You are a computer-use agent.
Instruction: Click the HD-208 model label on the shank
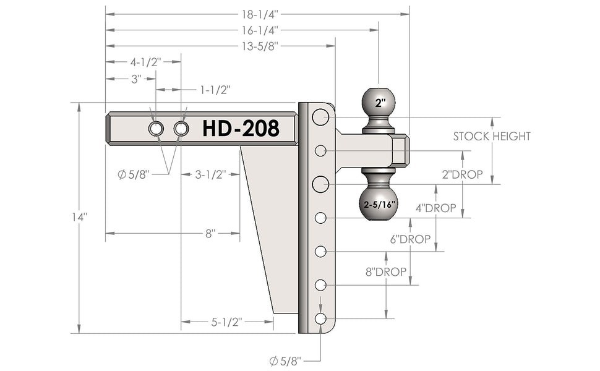pyautogui.click(x=241, y=128)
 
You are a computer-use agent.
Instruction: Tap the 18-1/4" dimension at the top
pyautogui.click(x=259, y=15)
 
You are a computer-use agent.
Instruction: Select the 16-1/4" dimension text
pyautogui.click(x=259, y=30)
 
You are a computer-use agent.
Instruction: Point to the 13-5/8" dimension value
pyautogui.click(x=259, y=46)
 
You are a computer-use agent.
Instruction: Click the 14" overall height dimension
pyautogui.click(x=80, y=217)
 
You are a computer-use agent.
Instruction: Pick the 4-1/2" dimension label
pyautogui.click(x=146, y=62)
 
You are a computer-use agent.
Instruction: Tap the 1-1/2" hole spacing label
pyautogui.click(x=215, y=90)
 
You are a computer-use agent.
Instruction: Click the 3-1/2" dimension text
pyautogui.click(x=211, y=175)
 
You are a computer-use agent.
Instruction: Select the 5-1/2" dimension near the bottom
pyautogui.click(x=227, y=322)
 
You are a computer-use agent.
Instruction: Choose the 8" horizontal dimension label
pyautogui.click(x=210, y=233)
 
